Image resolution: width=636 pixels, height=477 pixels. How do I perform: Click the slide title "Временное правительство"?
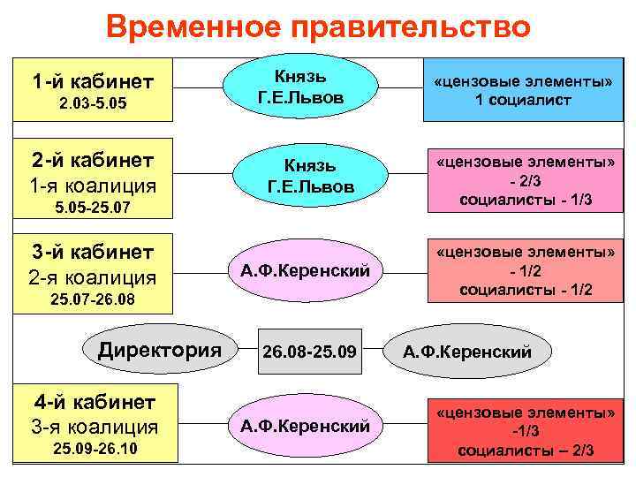(x=318, y=27)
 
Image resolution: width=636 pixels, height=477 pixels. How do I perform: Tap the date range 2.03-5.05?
(x=93, y=105)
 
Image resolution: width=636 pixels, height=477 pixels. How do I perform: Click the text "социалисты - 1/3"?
(x=526, y=201)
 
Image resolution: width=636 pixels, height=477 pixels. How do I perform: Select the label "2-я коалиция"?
(x=93, y=276)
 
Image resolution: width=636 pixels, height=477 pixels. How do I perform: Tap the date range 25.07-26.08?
(x=93, y=302)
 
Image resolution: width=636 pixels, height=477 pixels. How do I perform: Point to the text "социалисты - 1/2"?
(x=526, y=290)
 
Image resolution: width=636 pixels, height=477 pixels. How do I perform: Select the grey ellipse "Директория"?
(x=160, y=349)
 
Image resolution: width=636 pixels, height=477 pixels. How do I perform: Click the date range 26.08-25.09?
(x=310, y=352)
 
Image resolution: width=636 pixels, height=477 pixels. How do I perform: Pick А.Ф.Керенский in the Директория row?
(x=467, y=352)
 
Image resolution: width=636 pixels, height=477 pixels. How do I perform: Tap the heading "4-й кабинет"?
(x=93, y=402)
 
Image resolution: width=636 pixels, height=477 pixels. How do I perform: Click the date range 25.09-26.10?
(x=93, y=451)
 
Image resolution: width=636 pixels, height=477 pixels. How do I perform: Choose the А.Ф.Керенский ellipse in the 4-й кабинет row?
(x=305, y=426)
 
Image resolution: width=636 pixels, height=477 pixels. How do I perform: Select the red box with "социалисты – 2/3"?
(x=526, y=430)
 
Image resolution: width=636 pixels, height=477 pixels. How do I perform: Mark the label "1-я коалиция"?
(x=93, y=186)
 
